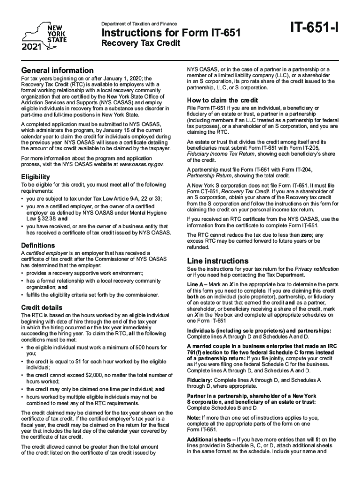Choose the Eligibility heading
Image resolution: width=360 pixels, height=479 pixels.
(36, 177)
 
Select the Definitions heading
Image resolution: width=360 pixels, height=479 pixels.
(38, 245)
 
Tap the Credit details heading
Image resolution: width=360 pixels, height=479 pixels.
(42, 307)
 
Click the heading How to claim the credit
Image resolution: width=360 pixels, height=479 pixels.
(222, 100)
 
